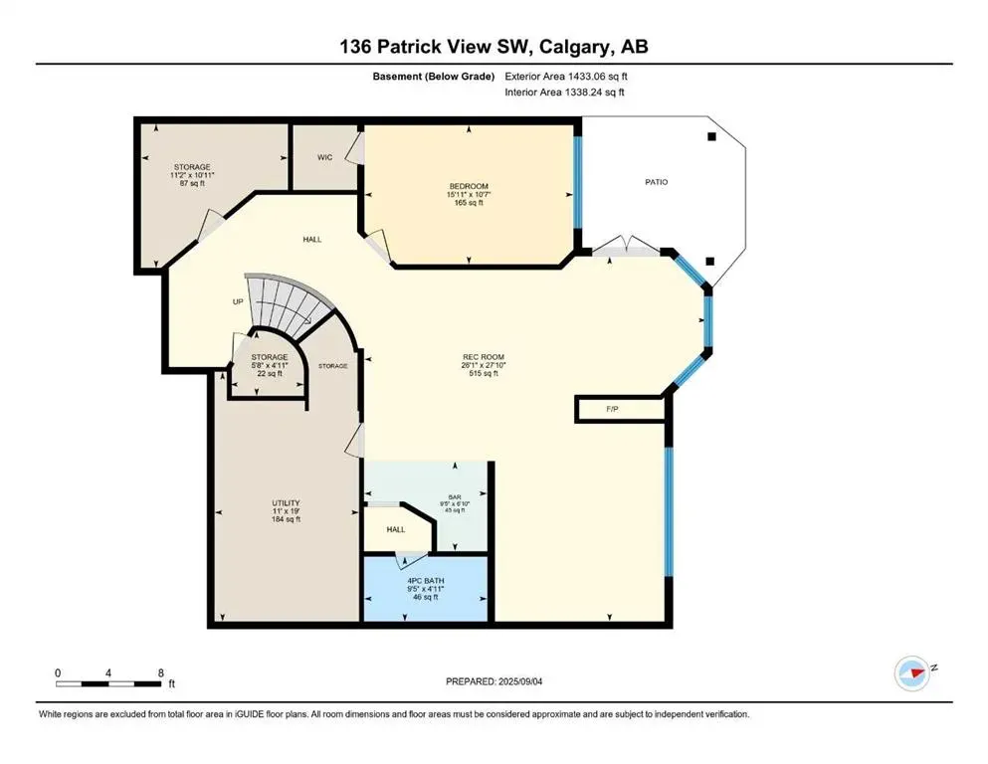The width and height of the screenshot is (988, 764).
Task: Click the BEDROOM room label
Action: click(467, 186)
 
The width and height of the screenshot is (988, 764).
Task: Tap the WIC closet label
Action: click(324, 157)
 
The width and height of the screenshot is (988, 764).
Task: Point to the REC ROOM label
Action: click(485, 356)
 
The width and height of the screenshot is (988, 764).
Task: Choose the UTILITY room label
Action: click(287, 503)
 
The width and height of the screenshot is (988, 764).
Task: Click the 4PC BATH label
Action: click(425, 581)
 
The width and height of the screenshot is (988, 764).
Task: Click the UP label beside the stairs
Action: click(238, 301)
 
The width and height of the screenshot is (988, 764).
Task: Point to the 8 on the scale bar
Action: click(159, 672)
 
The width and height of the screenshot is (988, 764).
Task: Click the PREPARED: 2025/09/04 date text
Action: click(496, 681)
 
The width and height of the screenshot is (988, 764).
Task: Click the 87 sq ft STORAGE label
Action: click(192, 167)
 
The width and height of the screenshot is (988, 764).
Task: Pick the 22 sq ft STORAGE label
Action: click(269, 356)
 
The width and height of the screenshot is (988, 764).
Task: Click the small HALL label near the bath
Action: click(396, 529)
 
